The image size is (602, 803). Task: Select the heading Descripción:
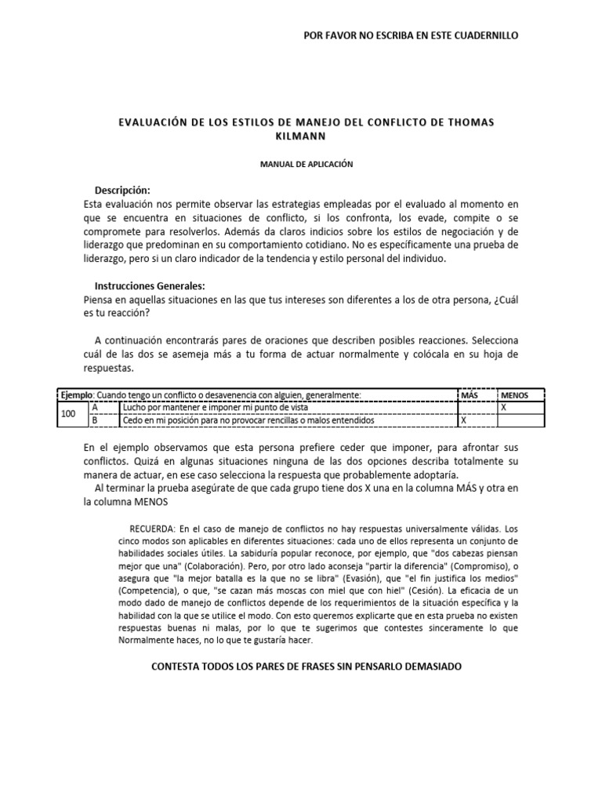122,191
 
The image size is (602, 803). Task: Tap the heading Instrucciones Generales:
150,285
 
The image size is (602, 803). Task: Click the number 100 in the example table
69,414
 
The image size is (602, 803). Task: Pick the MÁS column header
470,395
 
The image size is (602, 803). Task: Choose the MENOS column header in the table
515,395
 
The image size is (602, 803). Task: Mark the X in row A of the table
504,408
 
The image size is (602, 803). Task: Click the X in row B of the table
463,420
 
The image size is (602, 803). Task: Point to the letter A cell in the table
95,408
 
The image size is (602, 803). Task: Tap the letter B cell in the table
95,420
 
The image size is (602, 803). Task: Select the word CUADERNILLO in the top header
482,35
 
